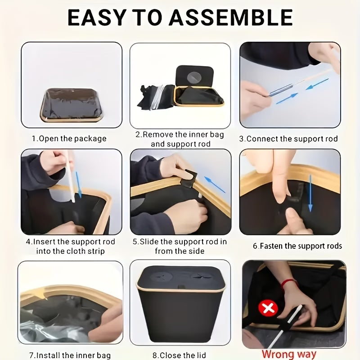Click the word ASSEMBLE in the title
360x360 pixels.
tap(231, 18)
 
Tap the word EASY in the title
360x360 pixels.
tap(97, 18)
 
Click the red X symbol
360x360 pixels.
tap(268, 308)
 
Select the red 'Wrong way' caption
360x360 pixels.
tap(289, 354)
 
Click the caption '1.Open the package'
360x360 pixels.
tap(69, 139)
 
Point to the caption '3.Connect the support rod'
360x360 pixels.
tap(288, 139)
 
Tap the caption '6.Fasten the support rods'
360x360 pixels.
tap(297, 246)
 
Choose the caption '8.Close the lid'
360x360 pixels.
tap(179, 355)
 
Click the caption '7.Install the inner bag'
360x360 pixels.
tap(70, 355)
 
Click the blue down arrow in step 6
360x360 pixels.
tap(310, 193)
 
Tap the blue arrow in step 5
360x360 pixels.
tap(215, 184)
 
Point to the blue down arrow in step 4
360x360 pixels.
tap(78, 184)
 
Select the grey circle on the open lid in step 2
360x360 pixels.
tap(194, 77)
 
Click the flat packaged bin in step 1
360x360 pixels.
tap(72, 105)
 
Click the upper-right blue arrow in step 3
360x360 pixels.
tap(317, 84)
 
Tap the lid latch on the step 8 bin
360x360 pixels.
tap(181, 287)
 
